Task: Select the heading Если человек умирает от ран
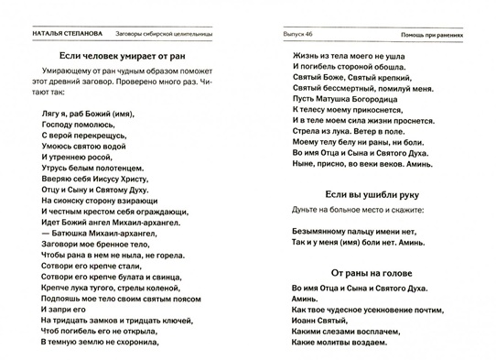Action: pyautogui.click(x=121, y=61)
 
